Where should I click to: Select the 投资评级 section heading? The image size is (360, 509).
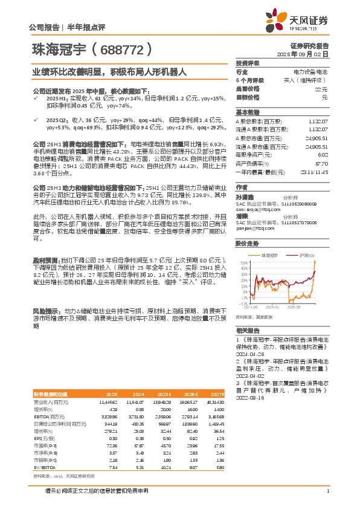(x=247, y=63)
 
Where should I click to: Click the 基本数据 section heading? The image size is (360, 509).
(x=247, y=112)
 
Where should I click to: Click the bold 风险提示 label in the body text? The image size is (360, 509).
(x=45, y=310)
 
